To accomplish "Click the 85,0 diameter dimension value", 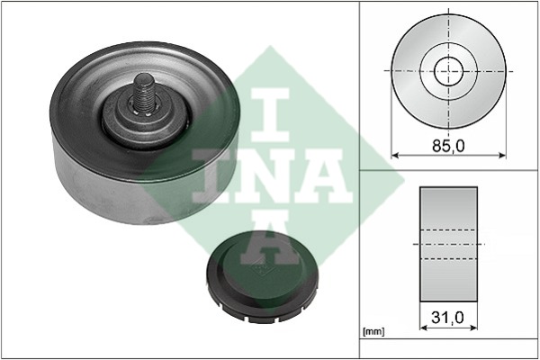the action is pos(448,146).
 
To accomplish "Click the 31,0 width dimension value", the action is pos(447,318).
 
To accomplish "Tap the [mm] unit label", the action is pos(374,332).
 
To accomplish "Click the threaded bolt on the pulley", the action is pos(144,93).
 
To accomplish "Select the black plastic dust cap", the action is pos(262,276).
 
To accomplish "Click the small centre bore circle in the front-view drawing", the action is pos(448,71).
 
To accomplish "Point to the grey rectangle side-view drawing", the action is pos(448,244).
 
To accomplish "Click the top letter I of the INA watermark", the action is pos(270,114).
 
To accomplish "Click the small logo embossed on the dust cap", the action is pos(260,269).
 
